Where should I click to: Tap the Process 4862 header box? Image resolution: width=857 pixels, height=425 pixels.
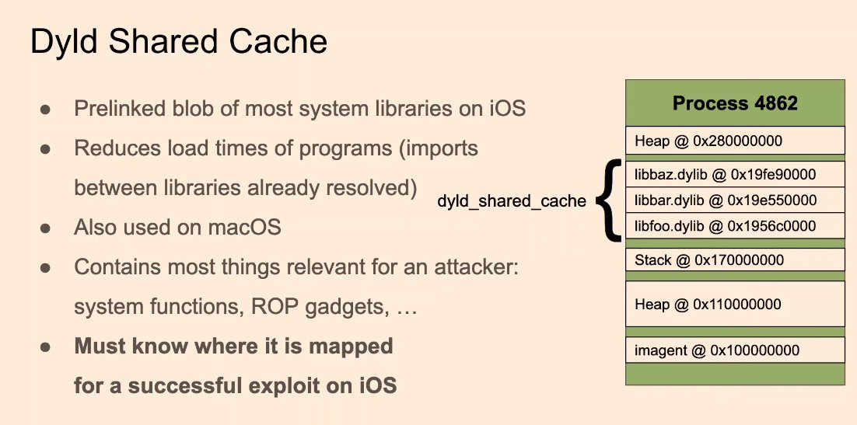click(735, 103)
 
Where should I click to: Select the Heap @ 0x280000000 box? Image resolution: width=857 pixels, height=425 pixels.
click(735, 141)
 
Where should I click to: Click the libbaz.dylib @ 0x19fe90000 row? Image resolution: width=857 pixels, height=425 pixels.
click(735, 172)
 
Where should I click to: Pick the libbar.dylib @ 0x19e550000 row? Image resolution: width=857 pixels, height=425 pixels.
click(735, 200)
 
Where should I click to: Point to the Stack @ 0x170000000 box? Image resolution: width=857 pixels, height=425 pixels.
click(735, 260)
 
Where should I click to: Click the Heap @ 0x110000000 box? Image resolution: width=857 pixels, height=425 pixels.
click(735, 304)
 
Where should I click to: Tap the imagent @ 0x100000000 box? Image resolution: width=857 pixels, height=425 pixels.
click(735, 350)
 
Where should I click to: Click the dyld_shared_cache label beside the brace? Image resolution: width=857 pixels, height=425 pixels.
click(511, 201)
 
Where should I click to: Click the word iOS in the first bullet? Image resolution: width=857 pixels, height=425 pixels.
click(507, 108)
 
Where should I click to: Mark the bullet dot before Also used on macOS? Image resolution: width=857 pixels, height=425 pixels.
click(46, 228)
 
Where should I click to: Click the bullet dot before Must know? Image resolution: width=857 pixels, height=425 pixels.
click(46, 347)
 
